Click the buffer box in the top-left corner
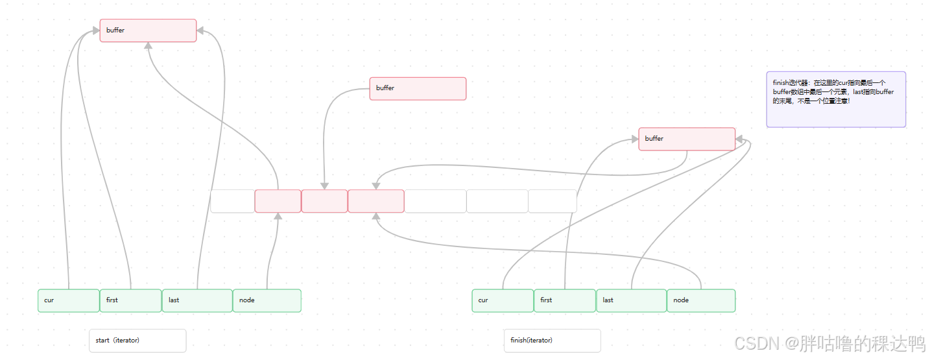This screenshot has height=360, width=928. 148,30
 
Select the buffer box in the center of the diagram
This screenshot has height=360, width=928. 418,88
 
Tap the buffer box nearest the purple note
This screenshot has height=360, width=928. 687,139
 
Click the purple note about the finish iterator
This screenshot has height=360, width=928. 836,99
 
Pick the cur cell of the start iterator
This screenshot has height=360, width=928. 69,300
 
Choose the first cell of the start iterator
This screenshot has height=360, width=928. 130,300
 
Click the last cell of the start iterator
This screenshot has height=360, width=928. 197,300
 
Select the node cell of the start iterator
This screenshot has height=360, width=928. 267,300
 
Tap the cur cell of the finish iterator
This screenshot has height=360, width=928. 503,300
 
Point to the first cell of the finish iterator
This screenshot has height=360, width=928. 564,300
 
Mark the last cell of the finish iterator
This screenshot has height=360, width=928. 631,300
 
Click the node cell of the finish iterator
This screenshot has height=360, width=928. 701,300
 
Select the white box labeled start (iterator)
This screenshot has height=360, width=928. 137,341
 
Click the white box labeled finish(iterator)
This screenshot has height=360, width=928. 552,341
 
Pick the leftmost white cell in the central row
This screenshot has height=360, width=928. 232,201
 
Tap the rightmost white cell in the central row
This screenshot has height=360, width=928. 552,201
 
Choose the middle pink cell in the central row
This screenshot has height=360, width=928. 324,201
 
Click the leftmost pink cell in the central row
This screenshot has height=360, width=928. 278,201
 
